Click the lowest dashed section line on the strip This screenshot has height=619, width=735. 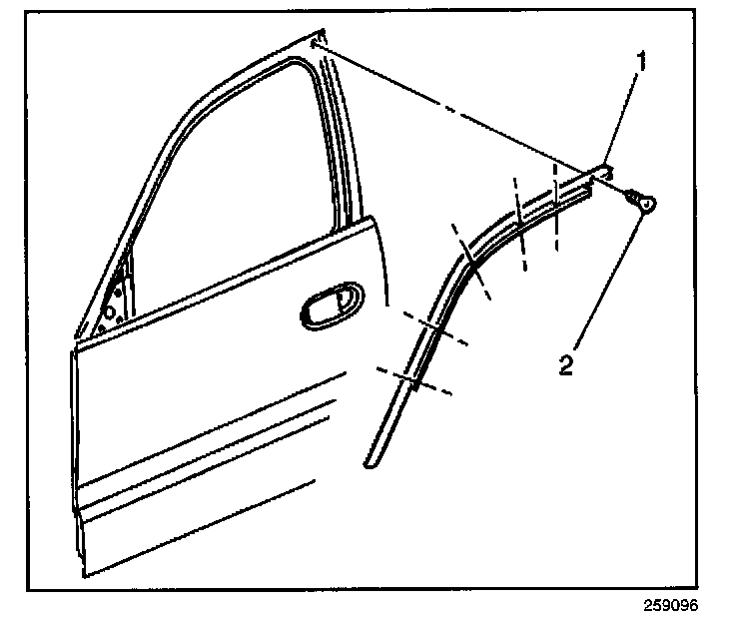pyautogui.click(x=412, y=380)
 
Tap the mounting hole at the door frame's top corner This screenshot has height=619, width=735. pyautogui.click(x=318, y=44)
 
